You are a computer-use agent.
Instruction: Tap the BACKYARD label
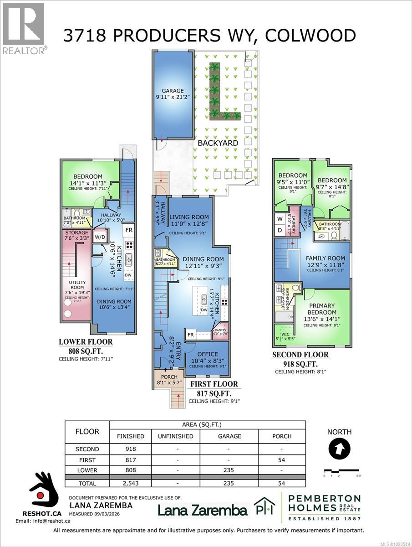pyautogui.click(x=218, y=143)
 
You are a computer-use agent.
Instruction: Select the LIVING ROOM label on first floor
pyautogui.click(x=189, y=217)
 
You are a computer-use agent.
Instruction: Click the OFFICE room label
pyautogui.click(x=208, y=354)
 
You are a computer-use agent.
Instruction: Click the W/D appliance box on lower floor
pyautogui.click(x=99, y=237)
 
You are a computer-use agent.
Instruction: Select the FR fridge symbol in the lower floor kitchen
pyautogui.click(x=129, y=230)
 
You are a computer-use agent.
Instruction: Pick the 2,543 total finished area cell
pyautogui.click(x=130, y=483)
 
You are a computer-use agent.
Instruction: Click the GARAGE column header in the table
pyautogui.click(x=229, y=436)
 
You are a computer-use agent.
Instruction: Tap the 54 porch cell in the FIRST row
pyautogui.click(x=282, y=460)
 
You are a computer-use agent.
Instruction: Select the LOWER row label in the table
pyautogui.click(x=87, y=471)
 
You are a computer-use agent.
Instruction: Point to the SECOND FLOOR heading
pyautogui.click(x=306, y=355)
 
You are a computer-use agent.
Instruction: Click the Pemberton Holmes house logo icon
pyautogui.click(x=264, y=507)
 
